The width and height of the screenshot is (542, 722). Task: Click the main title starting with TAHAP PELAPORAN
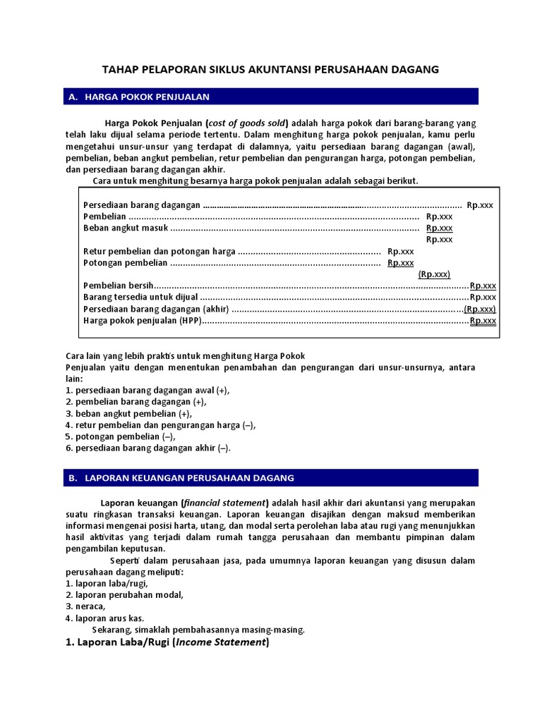tap(271, 69)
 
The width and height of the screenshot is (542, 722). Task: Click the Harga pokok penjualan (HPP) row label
tap(142, 320)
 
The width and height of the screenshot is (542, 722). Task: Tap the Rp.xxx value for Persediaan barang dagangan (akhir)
tap(480, 309)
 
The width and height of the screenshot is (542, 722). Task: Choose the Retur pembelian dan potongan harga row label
tap(159, 251)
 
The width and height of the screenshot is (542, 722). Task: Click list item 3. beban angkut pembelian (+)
tap(128, 414)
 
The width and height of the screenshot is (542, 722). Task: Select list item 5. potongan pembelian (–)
tap(121, 436)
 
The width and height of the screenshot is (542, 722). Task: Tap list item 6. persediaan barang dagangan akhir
tap(148, 448)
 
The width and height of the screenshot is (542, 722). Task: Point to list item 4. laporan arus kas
tap(105, 618)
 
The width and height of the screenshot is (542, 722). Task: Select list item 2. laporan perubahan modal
tap(124, 594)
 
